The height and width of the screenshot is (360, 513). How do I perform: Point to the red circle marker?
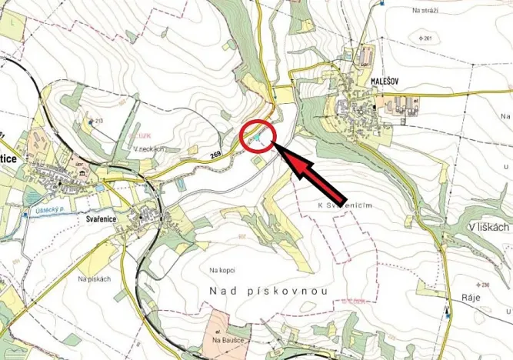(258, 137)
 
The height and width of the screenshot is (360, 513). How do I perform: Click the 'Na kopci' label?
(222, 270)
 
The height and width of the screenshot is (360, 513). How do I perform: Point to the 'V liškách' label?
(488, 228)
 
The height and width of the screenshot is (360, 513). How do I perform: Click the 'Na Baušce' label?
(224, 339)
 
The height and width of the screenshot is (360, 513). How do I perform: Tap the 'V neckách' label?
(148, 148)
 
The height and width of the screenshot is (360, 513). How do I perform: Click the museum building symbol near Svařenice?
(81, 178)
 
